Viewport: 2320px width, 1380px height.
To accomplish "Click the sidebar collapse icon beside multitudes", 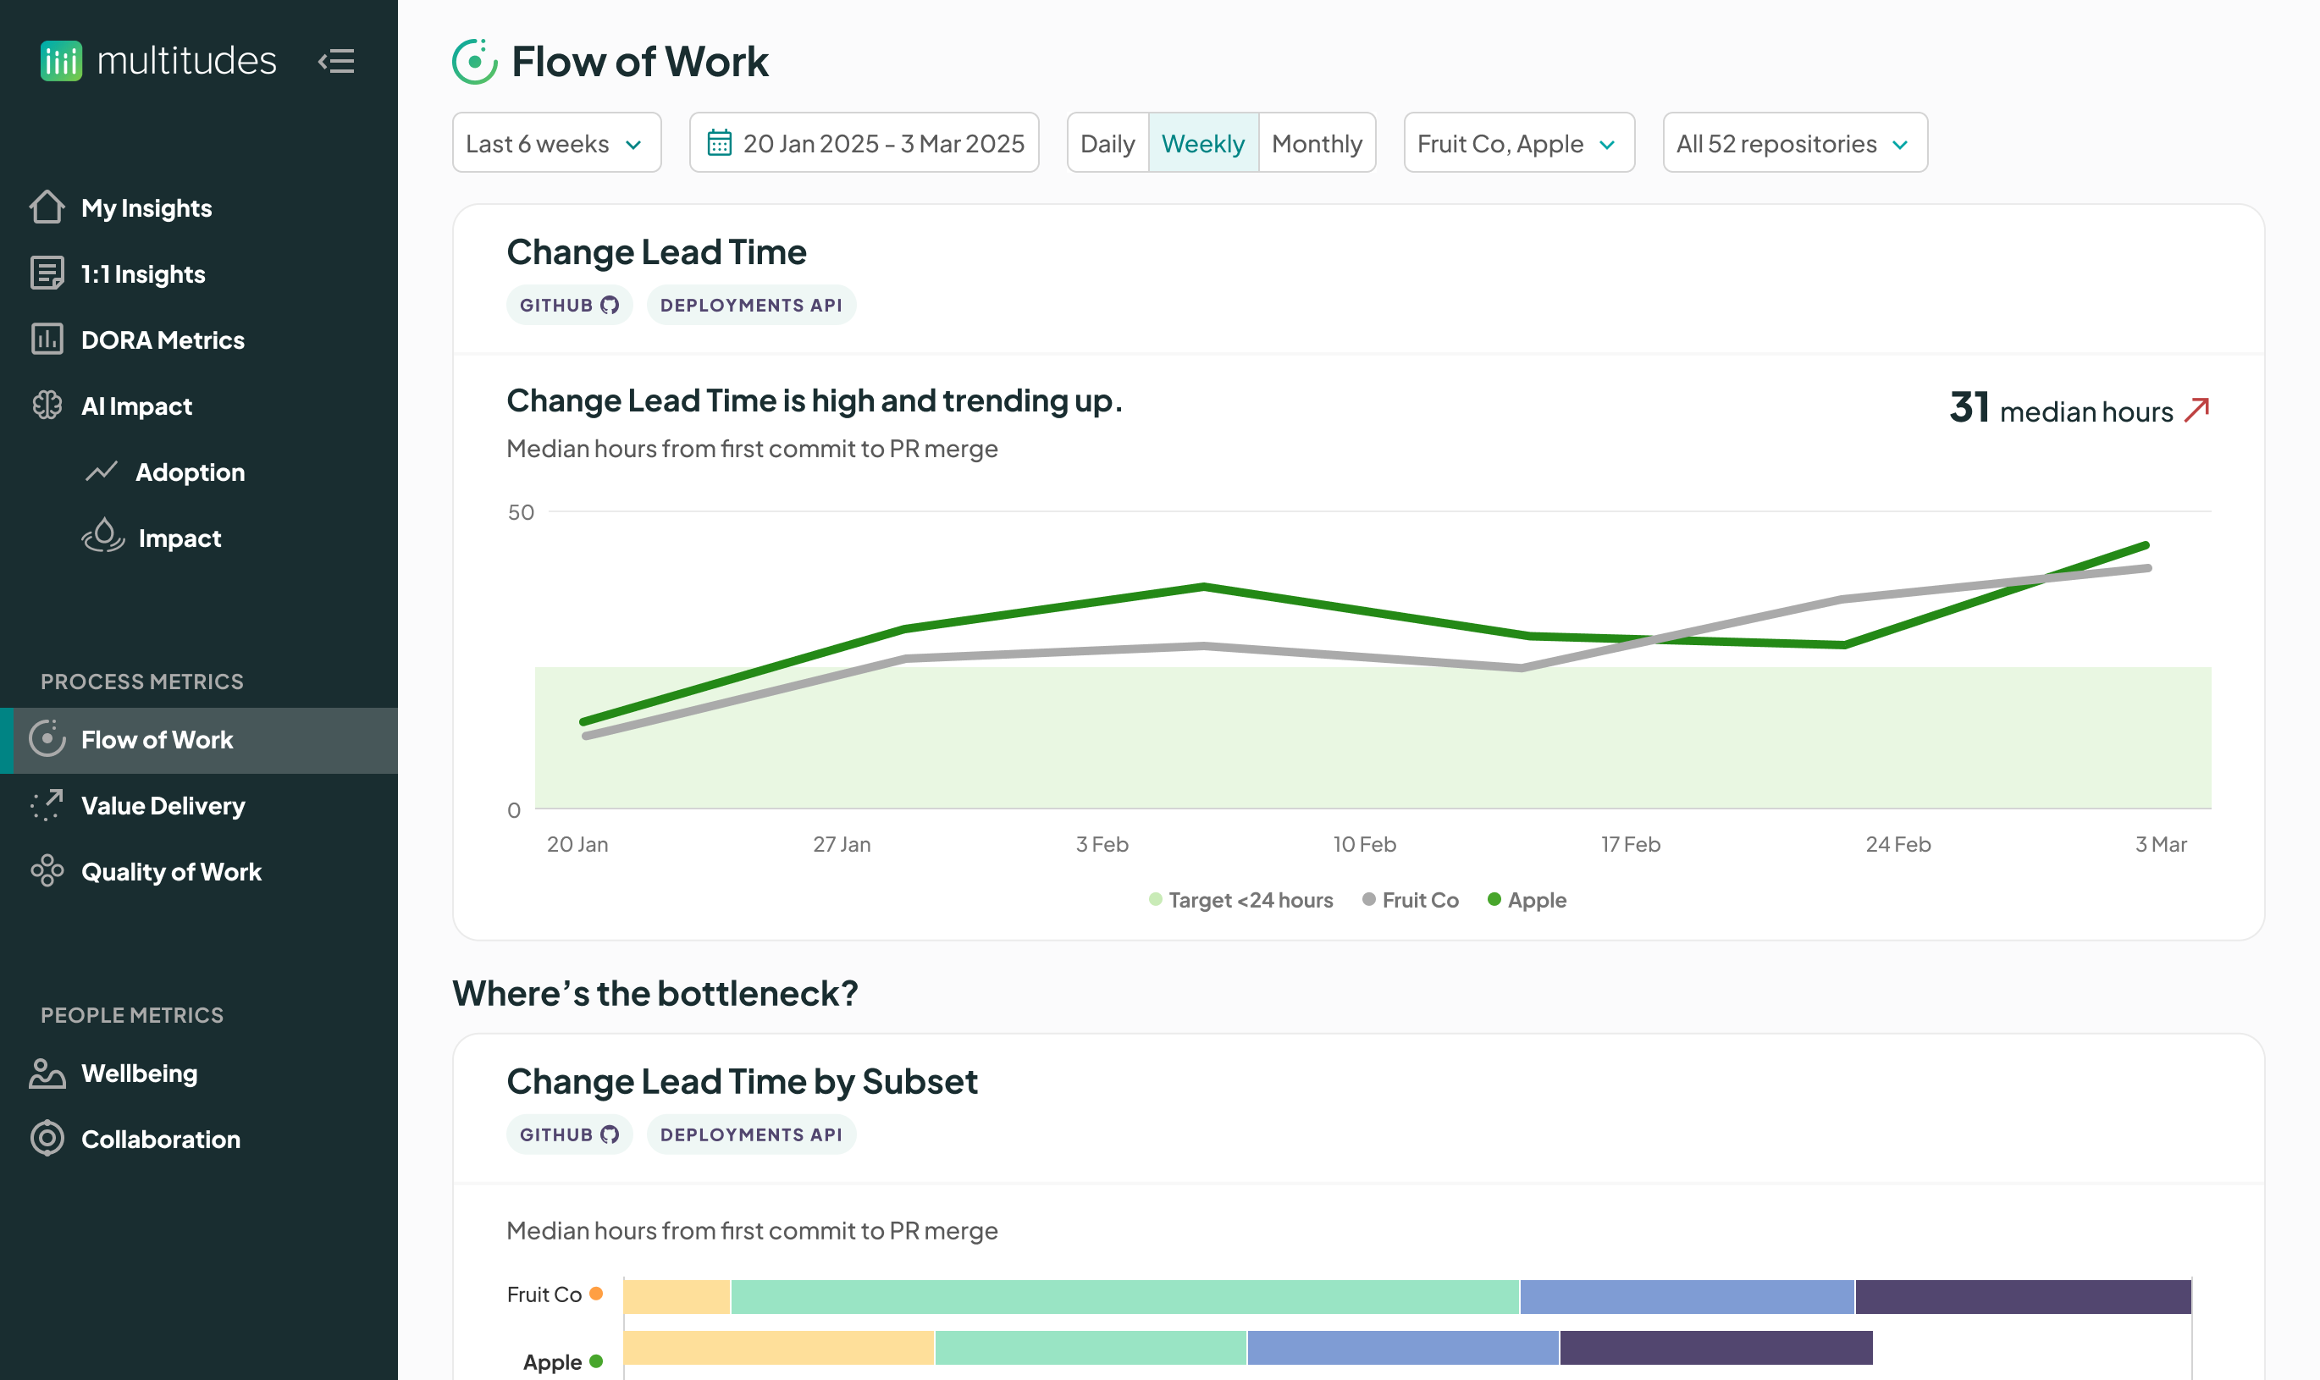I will point(337,61).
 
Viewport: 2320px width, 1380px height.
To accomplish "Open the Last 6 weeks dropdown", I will point(556,143).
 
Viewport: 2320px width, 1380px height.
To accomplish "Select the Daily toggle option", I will point(1108,143).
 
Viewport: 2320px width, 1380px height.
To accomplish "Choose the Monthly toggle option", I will point(1317,143).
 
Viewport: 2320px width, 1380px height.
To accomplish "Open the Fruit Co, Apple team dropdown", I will point(1518,143).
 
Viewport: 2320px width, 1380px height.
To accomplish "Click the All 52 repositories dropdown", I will point(1793,143).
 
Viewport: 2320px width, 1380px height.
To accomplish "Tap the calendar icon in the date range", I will point(720,143).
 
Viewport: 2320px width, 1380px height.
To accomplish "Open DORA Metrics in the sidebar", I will point(163,340).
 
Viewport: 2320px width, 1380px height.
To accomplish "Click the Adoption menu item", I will point(190,472).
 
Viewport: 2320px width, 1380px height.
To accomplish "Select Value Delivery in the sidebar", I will point(163,806).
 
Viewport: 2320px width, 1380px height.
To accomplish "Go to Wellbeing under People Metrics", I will point(140,1074).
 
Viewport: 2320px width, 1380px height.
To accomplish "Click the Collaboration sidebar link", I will point(160,1140).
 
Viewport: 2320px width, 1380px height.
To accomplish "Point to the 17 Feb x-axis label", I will point(1630,844).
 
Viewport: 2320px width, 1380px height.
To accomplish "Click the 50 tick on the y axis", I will point(521,512).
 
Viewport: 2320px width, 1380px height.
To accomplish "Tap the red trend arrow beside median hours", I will point(2197,410).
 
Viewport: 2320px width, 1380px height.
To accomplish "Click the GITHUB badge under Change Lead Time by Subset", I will point(569,1134).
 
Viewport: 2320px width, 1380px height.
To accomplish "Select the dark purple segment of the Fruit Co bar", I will point(2023,1296).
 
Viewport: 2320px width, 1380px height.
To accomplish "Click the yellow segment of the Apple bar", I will point(778,1348).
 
